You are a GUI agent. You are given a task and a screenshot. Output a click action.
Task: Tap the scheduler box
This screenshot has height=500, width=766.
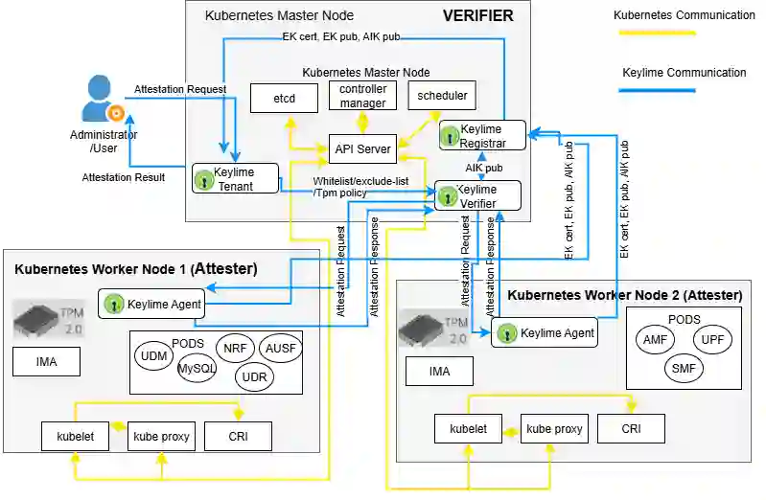coord(442,97)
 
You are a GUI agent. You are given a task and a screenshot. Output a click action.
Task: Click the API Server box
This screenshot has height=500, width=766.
coord(363,148)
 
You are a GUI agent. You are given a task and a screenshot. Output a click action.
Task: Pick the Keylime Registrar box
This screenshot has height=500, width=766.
coord(483,135)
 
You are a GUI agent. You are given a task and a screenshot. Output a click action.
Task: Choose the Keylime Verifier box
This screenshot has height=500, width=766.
coord(478,195)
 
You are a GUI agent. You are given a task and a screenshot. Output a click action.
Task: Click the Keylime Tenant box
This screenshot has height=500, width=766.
coord(235,179)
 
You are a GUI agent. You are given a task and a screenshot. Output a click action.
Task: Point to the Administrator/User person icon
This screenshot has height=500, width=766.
coord(102,99)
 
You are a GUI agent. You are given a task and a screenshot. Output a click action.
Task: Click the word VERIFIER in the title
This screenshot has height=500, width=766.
coord(477,15)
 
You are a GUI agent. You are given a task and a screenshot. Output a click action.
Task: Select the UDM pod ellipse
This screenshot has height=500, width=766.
coord(154,356)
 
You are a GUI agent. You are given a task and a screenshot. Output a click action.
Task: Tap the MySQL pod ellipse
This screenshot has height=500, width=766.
coord(197,369)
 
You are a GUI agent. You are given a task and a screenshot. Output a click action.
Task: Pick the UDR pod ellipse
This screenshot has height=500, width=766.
coord(254,376)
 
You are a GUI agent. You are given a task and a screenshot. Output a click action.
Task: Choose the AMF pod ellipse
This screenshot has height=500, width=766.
coord(655,339)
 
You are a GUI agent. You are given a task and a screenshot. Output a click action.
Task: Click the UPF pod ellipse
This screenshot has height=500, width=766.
coord(712,339)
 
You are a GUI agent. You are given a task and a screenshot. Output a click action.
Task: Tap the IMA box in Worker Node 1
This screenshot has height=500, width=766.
coord(46,362)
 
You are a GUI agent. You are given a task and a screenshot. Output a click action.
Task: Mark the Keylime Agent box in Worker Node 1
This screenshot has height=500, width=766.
coord(151,304)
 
